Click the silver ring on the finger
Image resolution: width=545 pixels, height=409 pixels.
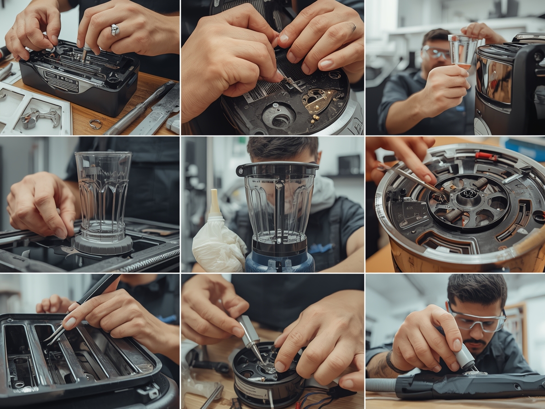115,30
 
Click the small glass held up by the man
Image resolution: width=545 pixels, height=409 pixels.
463,51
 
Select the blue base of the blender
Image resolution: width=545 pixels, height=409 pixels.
280,263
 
